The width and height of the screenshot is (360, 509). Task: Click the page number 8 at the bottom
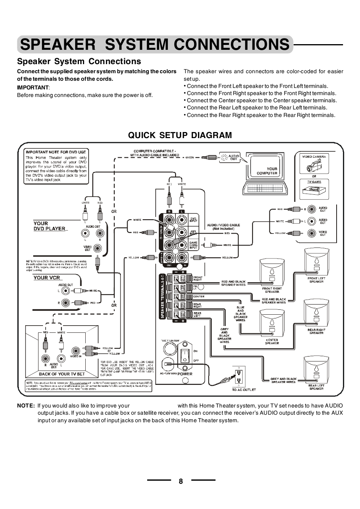[x=181, y=481]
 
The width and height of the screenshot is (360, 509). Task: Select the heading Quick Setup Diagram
[x=180, y=135]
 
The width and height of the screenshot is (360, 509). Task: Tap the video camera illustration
[x=314, y=165]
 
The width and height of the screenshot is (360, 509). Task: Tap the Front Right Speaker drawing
[x=272, y=272]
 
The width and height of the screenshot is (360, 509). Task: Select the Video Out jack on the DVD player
[x=98, y=248]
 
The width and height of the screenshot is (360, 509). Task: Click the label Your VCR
[x=47, y=278]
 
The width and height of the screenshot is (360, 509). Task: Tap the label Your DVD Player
[x=49, y=226]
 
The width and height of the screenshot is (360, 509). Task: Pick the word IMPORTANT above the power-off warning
[x=33, y=88]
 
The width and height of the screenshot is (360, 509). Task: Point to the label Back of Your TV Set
[x=62, y=374]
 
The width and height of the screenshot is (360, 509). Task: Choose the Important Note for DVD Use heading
[x=56, y=152]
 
